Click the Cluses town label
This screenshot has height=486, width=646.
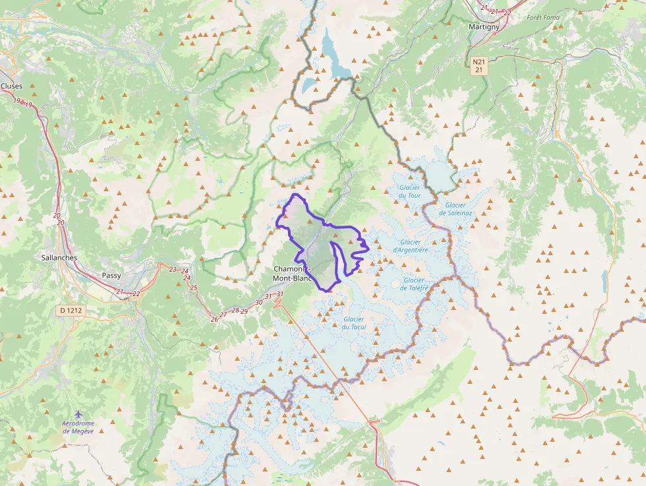pos(11,86)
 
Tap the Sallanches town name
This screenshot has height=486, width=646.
pos(59,258)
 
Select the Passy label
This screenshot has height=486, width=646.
pos(111,276)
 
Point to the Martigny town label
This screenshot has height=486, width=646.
pos(484,26)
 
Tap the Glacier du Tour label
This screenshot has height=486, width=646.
pos(409,191)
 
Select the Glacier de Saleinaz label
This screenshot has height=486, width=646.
pos(455,209)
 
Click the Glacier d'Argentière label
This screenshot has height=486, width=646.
pos(411,246)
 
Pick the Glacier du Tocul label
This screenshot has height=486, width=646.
pos(354,323)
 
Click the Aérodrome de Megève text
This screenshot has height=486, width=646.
pos(78,427)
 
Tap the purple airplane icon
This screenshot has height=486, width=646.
pos(78,413)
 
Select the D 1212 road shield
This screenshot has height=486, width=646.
pos(69,310)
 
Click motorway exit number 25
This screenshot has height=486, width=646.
pos(194,288)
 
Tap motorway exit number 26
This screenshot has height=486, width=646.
pos(214,319)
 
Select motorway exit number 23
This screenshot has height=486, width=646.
pos(173,269)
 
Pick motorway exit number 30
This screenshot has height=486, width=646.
pos(258,302)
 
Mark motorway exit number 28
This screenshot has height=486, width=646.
pos(235,310)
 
